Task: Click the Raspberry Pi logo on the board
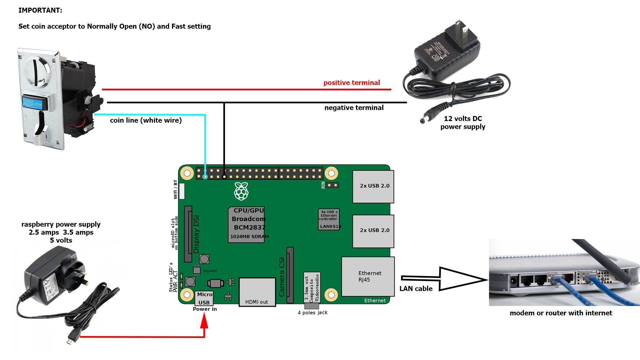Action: point(241,191)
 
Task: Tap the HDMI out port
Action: point(257,292)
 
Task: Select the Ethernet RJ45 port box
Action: point(368,276)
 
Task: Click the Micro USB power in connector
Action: point(204,298)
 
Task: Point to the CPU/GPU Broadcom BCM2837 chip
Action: point(247,224)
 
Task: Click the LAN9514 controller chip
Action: point(329,219)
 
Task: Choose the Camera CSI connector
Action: point(290,275)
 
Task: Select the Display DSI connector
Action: point(188,234)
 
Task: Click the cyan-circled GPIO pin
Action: point(205,177)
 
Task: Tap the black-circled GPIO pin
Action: point(224,177)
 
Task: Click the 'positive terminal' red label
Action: point(351,83)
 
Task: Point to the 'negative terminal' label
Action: point(354,108)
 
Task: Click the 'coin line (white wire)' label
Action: point(146,120)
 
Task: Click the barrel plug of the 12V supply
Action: point(427,118)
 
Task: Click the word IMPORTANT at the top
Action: point(40,10)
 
